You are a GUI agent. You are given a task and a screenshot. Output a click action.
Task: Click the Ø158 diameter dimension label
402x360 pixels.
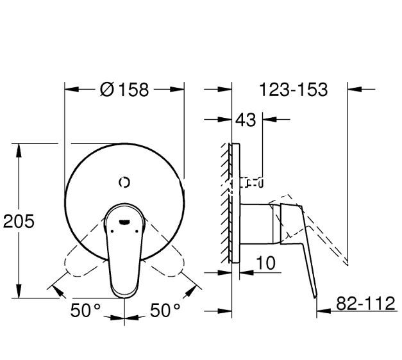(x=124, y=90)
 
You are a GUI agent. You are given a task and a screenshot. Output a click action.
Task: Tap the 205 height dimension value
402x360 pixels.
(x=19, y=221)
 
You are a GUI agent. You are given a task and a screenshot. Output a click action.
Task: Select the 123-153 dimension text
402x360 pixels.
(x=294, y=90)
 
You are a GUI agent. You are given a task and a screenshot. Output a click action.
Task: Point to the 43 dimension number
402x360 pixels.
(x=246, y=120)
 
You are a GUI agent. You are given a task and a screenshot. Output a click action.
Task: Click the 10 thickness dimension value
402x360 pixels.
(x=266, y=263)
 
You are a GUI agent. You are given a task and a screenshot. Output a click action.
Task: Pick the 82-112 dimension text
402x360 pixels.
(x=365, y=303)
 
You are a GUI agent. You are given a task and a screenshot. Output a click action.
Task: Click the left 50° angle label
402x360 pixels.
(x=85, y=310)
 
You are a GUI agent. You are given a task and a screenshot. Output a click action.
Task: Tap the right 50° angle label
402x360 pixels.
(x=165, y=310)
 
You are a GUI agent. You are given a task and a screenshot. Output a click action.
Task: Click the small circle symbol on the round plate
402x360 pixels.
(x=124, y=183)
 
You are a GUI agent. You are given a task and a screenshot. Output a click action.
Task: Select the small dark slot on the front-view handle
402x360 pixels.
(x=124, y=222)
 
